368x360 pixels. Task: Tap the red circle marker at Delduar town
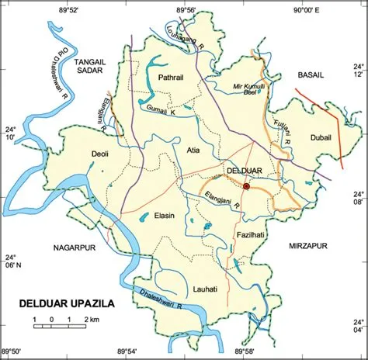point(246,186)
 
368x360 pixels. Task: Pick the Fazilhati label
point(253,234)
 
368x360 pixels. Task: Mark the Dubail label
point(321,137)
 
